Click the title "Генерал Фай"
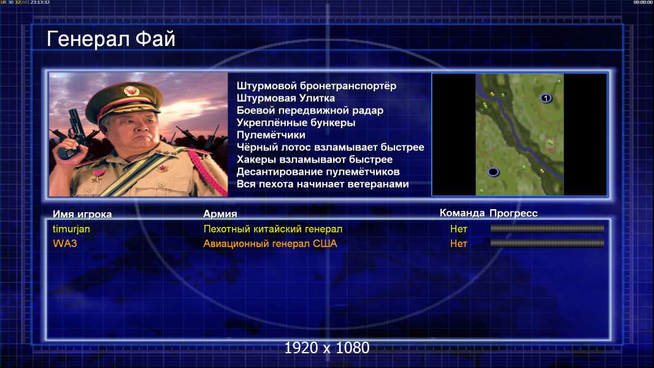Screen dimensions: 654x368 pos(111,39)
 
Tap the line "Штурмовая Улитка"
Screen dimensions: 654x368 pos(286,98)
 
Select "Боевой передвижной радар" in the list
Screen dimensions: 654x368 pos(310,110)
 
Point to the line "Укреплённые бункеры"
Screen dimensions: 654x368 pos(296,123)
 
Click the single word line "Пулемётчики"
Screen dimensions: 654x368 pos(271,135)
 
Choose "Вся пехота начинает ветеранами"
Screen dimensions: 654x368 pos(323,184)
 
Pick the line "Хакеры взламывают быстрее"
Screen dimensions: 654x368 pos(315,159)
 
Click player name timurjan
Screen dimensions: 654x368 pos(71,229)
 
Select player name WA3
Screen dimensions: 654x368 pos(64,243)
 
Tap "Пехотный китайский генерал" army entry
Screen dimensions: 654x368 pos(273,229)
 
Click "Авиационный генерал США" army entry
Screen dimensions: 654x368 pos(270,243)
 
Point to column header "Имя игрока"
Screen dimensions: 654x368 pos(82,214)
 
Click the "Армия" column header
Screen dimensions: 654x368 pos(220,214)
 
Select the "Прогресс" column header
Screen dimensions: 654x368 pos(514,213)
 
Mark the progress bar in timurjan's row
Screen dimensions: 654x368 pos(547,228)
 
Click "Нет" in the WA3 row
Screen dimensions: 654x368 pos(458,243)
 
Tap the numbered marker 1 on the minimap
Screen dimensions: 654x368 pos(546,98)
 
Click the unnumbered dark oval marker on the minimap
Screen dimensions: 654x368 pos(493,172)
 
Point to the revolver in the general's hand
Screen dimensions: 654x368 pos(71,133)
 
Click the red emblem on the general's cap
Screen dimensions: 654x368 pos(131,90)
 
